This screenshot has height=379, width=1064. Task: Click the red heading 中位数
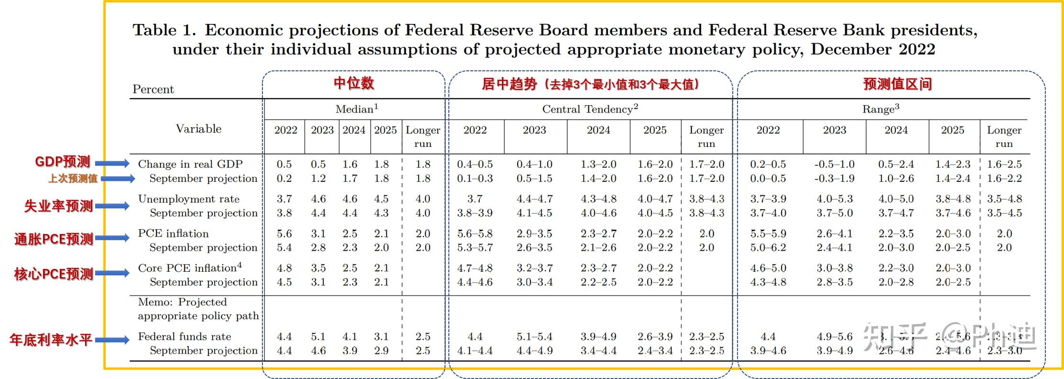(354, 83)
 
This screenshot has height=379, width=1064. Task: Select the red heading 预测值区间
(897, 84)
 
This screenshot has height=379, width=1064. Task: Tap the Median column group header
(357, 109)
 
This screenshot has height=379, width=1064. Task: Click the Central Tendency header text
(590, 109)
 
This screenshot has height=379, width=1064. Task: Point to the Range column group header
(880, 109)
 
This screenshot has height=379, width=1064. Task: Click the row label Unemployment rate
(189, 199)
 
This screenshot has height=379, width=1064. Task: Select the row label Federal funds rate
(185, 337)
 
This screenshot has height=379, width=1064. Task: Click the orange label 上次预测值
(73, 178)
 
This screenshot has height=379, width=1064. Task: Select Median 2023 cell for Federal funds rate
(318, 337)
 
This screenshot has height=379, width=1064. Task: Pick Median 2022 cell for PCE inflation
(284, 234)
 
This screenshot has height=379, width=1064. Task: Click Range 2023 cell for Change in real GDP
(834, 164)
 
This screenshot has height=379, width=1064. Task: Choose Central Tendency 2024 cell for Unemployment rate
(598, 199)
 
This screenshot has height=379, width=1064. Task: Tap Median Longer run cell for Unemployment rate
(423, 199)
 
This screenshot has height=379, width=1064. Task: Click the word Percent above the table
(153, 89)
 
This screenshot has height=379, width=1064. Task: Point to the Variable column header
(198, 129)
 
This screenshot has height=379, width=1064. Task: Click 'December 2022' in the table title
(872, 50)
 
